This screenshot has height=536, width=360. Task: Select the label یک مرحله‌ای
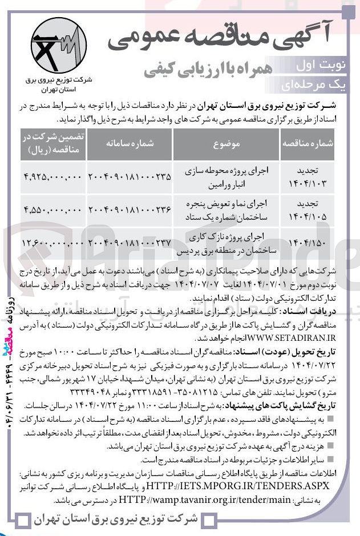click(321, 85)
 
